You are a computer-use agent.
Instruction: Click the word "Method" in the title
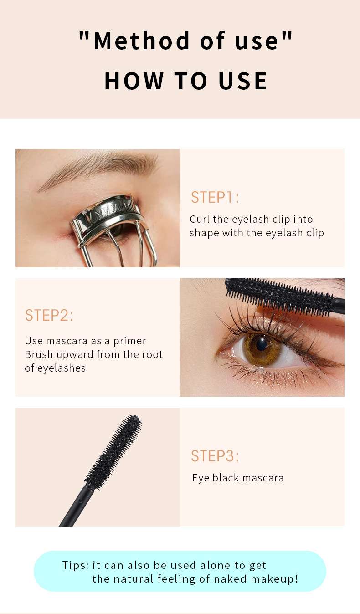click(x=141, y=41)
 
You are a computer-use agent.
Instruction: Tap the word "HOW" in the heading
click(x=134, y=81)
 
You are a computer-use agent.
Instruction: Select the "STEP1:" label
click(x=215, y=197)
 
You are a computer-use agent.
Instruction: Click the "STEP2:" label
click(x=49, y=315)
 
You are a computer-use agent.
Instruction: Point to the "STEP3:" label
click(x=215, y=456)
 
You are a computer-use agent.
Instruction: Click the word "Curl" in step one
click(x=199, y=219)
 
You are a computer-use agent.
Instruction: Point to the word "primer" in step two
click(x=130, y=342)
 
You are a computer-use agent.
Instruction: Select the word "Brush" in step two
click(x=39, y=354)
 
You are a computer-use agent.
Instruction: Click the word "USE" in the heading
click(x=243, y=81)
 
